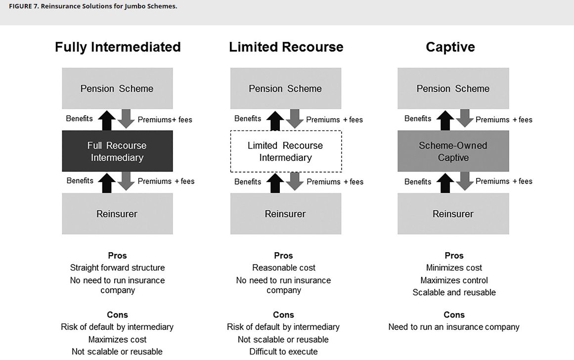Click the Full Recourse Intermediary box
pos(117,151)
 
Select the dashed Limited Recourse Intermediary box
pos(286,151)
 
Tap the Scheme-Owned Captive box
pos(453,151)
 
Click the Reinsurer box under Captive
pos(453,214)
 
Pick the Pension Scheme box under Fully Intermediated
pos(117,89)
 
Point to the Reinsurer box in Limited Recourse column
pos(286,214)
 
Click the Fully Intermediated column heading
pos(118,47)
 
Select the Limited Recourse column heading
pos(286,47)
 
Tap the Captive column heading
pos(450,47)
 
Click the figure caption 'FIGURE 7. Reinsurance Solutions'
pos(93,6)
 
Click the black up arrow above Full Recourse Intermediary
pos(107,120)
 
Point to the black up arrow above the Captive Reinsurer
pos(445,182)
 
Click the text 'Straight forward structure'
pos(117,268)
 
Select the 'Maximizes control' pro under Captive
pos(454,280)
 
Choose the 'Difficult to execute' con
pos(283,352)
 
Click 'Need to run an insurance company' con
pos(454,327)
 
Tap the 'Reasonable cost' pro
pos(283,268)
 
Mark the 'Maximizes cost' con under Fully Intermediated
pos(117,339)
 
